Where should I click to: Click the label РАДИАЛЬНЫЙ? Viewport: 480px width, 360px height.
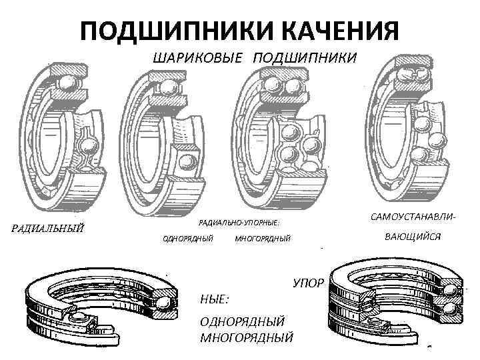49,229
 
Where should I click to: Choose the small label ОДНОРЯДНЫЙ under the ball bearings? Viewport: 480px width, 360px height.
189,238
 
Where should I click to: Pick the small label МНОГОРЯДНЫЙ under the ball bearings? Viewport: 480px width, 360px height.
263,238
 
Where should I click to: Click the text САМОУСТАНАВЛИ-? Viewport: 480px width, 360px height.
414,218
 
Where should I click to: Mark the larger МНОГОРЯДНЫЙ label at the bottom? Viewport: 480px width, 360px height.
246,336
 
